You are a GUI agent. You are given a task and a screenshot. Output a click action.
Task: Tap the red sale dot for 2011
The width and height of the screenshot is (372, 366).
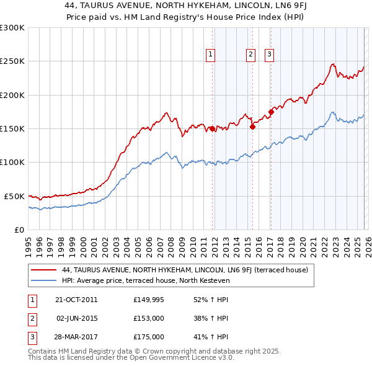pos(212,129)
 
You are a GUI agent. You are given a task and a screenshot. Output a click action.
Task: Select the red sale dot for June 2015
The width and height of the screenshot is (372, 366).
pos(252,127)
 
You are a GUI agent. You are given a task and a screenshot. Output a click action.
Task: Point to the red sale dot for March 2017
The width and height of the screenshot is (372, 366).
pos(271,112)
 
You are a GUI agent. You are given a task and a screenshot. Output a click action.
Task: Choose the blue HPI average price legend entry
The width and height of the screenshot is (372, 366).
pos(146,280)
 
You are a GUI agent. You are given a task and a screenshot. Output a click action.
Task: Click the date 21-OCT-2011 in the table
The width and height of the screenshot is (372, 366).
pos(76,300)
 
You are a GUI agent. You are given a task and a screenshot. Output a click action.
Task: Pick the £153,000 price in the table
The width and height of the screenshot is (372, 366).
pos(148,318)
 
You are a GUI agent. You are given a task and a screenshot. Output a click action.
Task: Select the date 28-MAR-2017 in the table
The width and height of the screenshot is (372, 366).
pos(76,337)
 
